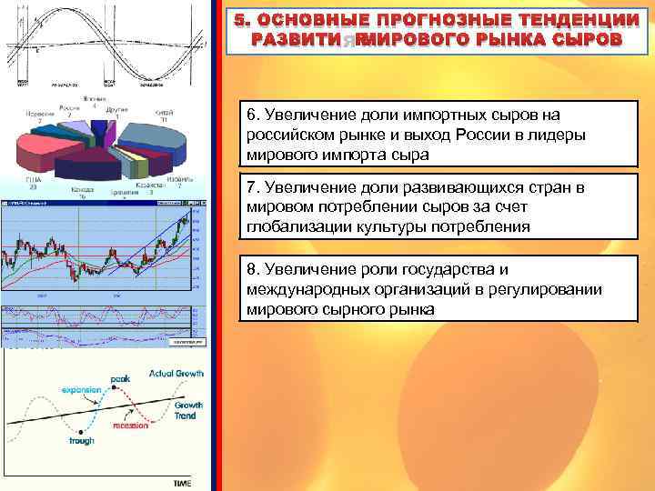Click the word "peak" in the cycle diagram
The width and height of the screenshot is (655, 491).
[120, 379]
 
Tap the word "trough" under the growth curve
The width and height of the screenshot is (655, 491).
[81, 441]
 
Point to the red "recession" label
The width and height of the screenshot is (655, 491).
[131, 426]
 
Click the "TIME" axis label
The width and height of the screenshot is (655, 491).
[182, 484]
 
